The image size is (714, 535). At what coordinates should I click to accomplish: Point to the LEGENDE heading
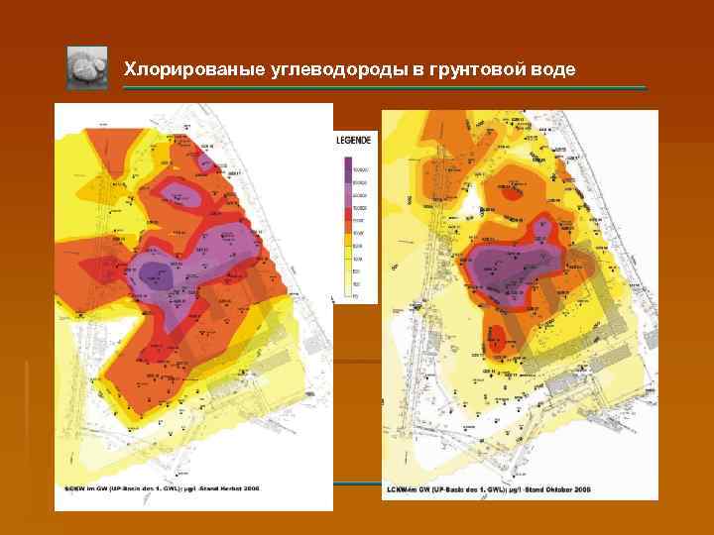click(x=354, y=143)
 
